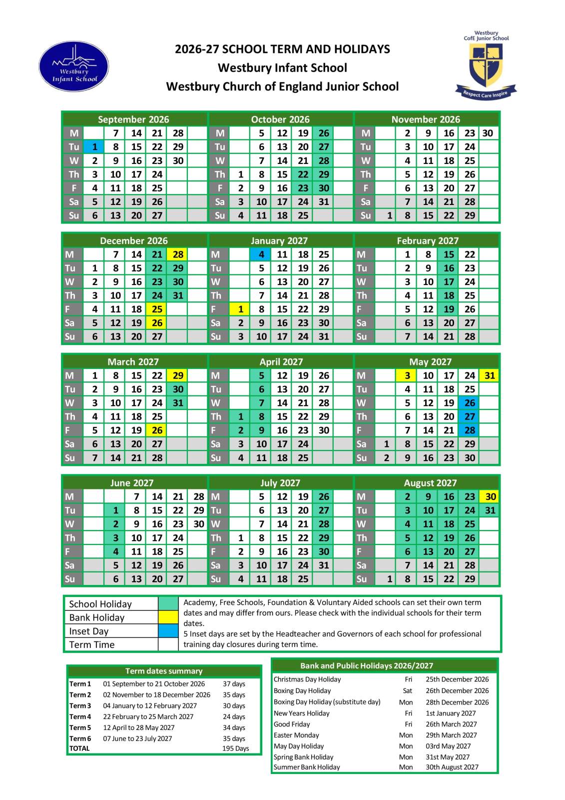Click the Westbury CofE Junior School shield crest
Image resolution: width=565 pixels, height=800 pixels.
pos(486,66)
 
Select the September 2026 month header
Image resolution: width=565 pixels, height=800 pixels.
pos(133,119)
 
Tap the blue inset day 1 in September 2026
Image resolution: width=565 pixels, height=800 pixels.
pos(94,147)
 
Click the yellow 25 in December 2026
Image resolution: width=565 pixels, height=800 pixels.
pos(157,309)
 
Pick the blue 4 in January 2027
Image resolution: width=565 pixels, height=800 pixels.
pos(261,254)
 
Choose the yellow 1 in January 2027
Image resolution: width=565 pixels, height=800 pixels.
pos(240,309)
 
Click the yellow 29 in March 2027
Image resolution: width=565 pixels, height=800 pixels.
pos(178,375)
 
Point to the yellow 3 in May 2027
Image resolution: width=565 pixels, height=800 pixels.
pos(407,375)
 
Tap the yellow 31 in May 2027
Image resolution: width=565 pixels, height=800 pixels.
pos(490,375)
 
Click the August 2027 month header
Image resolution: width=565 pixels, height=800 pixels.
pos(430,483)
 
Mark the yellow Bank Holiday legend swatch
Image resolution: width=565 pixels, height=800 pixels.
pos(168,617)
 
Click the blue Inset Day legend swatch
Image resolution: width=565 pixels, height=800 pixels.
pos(168,631)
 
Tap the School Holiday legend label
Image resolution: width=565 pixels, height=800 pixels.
pos(100,604)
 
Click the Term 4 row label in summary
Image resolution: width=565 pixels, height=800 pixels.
pos(80,716)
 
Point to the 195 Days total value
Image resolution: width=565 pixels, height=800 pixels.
pos(235,748)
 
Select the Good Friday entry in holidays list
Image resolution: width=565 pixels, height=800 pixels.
pos(292,724)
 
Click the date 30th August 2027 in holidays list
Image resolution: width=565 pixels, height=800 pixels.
pos(452,767)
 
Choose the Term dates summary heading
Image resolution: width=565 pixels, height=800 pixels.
pos(164,671)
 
